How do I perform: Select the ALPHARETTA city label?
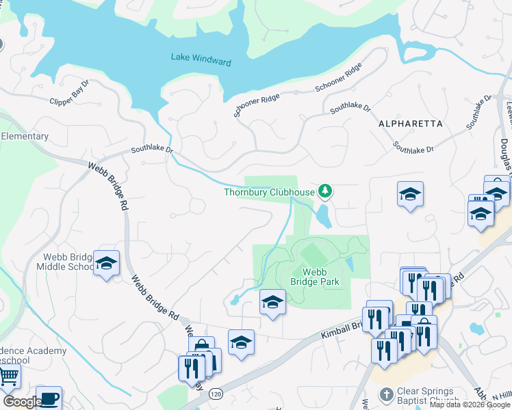[410, 124]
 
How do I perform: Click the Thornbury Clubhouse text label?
[269, 192]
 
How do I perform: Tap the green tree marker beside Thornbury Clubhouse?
[326, 191]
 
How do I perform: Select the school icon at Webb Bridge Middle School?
[106, 263]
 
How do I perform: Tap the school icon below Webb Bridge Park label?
[272, 301]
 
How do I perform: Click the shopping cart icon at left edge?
[8, 375]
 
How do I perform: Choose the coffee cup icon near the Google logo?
[48, 398]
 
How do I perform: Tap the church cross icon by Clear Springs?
[386, 396]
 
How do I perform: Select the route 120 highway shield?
[216, 394]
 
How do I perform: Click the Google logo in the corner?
[22, 402]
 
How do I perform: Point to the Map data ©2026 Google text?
[470, 405]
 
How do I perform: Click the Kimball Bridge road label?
[340, 330]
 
